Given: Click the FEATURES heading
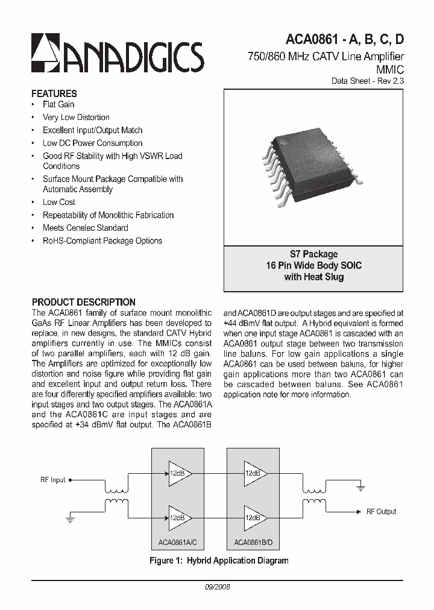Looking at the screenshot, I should (54, 93).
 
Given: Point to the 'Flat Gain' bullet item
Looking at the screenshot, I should (58, 104).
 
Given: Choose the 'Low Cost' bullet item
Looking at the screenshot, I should (58, 202).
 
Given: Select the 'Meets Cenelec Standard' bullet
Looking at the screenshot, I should (85, 228).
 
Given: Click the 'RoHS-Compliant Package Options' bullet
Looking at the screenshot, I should (102, 241).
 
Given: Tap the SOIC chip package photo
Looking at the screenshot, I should (313, 159).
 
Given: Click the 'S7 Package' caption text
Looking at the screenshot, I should (313, 254).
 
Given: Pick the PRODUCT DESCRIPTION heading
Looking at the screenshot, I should (83, 302).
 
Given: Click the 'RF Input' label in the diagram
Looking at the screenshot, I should (53, 480).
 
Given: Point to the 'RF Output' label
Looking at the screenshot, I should (381, 511).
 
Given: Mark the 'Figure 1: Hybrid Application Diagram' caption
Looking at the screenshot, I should (219, 561).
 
